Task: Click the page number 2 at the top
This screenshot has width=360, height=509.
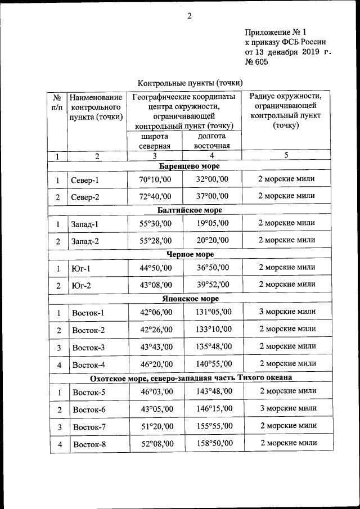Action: pyautogui.click(x=190, y=16)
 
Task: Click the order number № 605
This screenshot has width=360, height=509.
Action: pyautogui.click(x=256, y=62)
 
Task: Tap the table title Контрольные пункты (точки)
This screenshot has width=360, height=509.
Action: pyautogui.click(x=190, y=82)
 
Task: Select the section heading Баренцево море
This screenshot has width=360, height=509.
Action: pyautogui.click(x=189, y=166)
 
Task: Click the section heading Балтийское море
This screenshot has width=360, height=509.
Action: pyautogui.click(x=190, y=210)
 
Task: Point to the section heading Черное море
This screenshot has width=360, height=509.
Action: pyautogui.click(x=189, y=254)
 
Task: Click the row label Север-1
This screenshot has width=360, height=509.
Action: pyautogui.click(x=85, y=181)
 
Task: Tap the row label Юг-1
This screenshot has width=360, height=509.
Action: pyautogui.click(x=81, y=269)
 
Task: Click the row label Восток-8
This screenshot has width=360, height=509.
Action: pyautogui.click(x=89, y=445)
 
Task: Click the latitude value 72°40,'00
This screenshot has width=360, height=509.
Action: pyautogui.click(x=156, y=196)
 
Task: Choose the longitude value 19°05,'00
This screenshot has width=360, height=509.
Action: pyautogui.click(x=212, y=224)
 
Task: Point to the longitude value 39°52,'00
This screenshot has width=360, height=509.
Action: pyautogui.click(x=212, y=285)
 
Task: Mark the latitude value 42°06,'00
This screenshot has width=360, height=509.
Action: pyautogui.click(x=156, y=313)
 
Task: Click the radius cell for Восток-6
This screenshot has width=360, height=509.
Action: pyautogui.click(x=287, y=408)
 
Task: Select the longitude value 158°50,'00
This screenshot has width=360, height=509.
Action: pyautogui.click(x=212, y=444)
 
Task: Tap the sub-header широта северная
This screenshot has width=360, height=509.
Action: pyautogui.click(x=156, y=141)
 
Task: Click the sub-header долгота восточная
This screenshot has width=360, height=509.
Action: pyautogui.click(x=212, y=141)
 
